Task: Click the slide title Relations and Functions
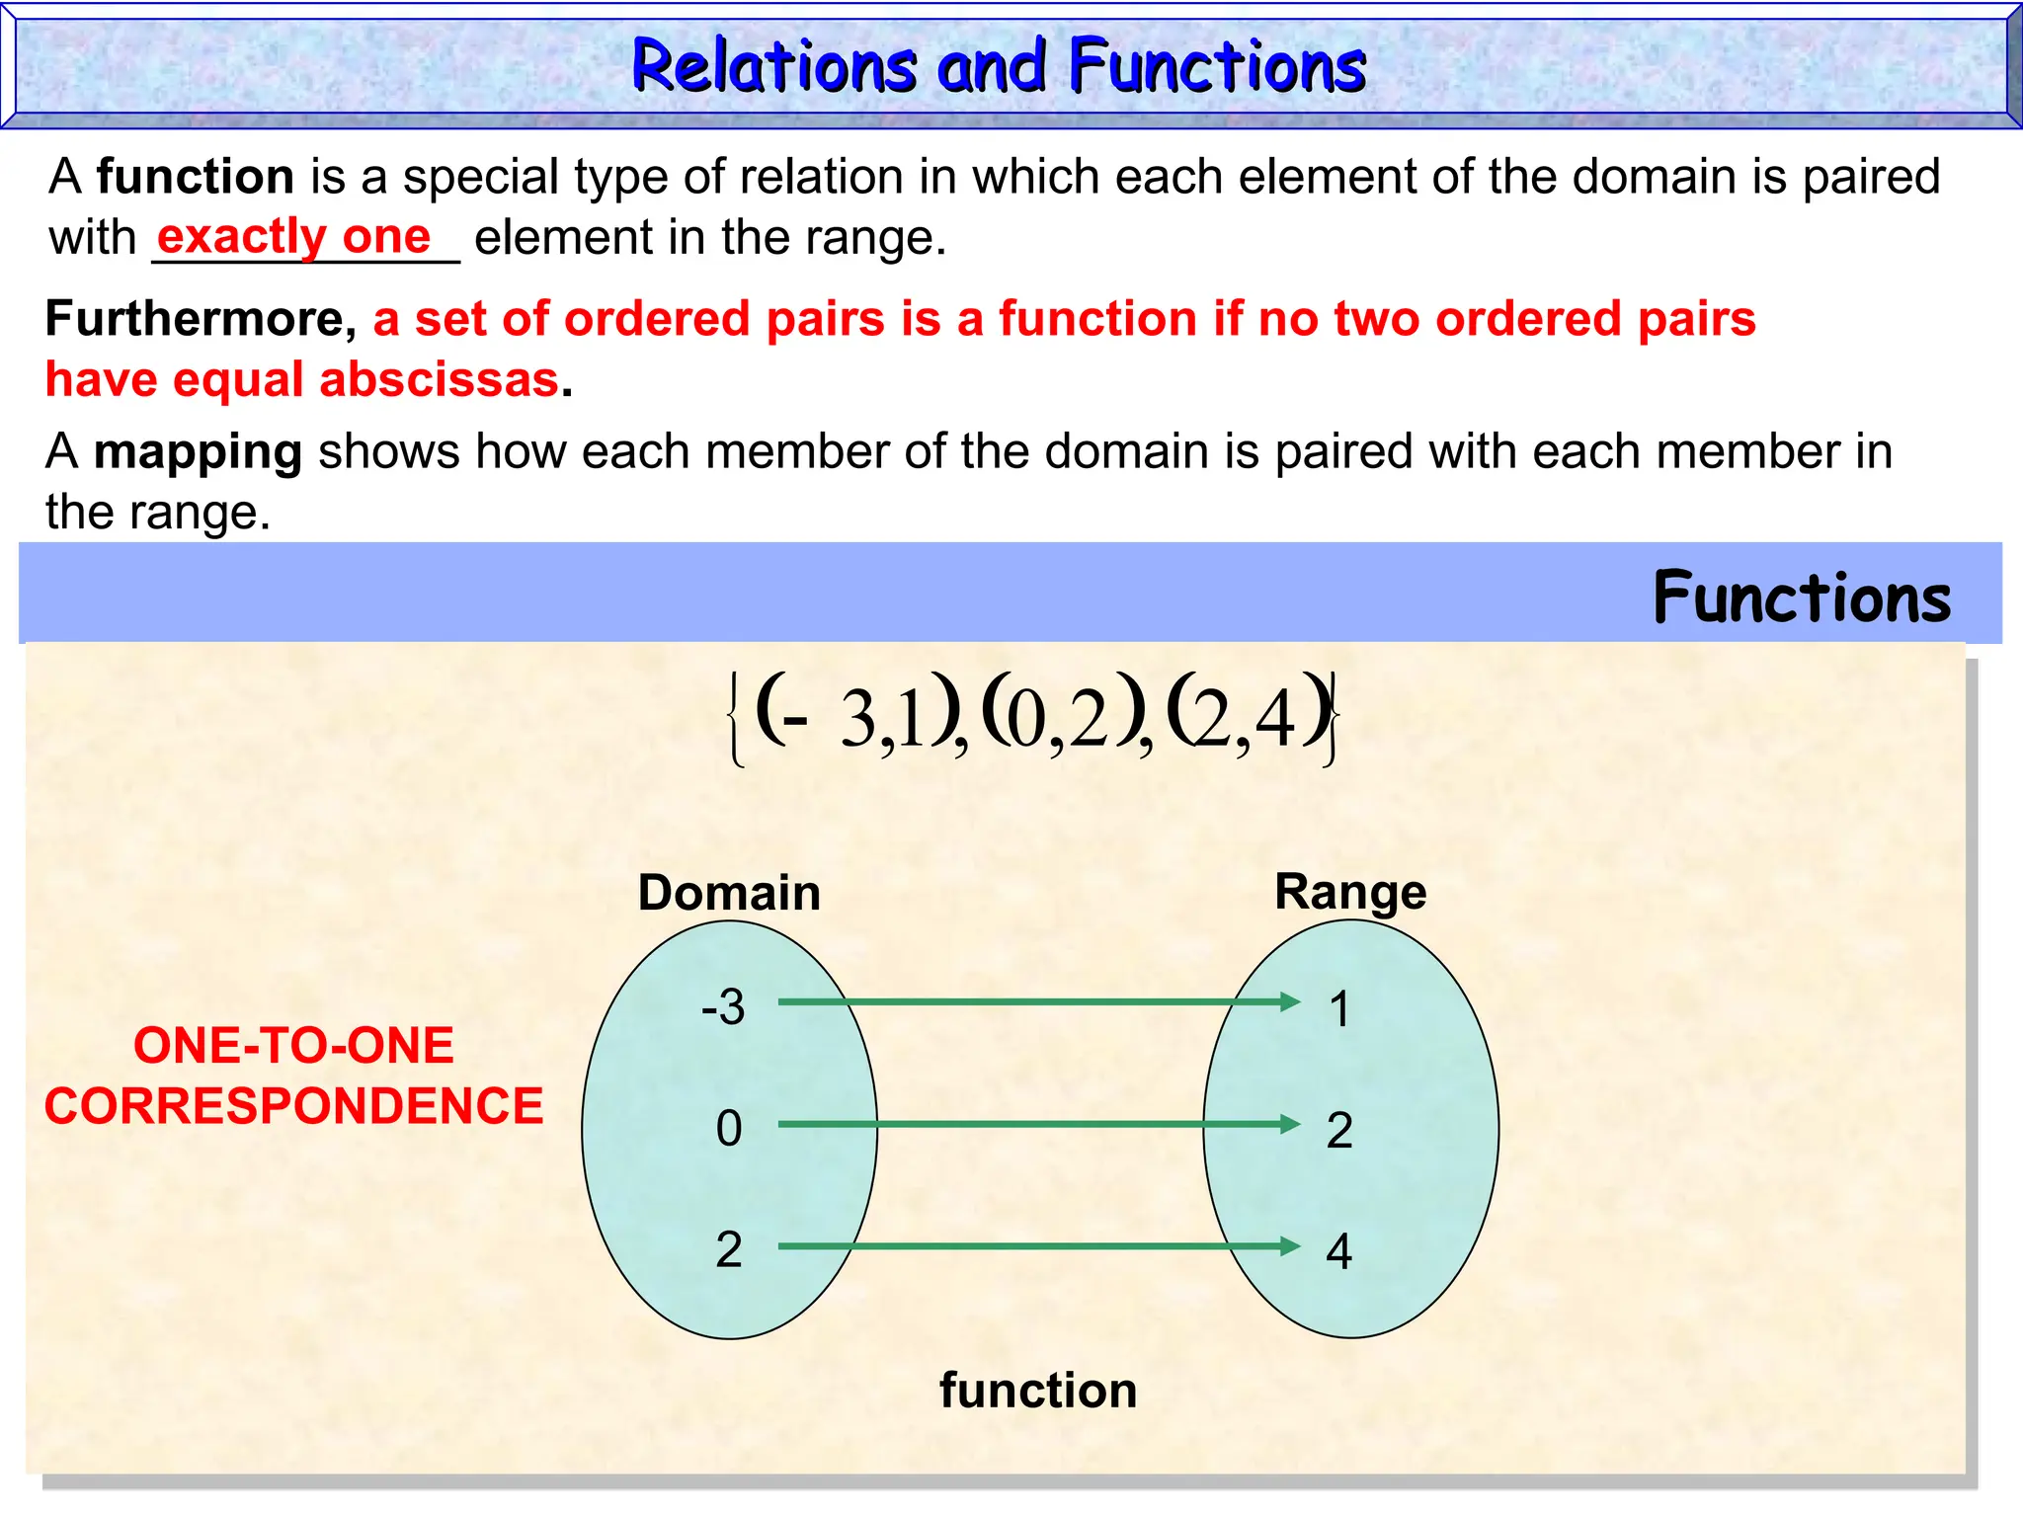point(998,66)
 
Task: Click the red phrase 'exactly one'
point(293,237)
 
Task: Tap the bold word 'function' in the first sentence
point(195,177)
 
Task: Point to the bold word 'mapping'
point(198,452)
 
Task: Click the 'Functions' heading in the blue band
point(1801,599)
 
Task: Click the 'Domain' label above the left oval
point(729,893)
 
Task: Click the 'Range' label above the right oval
point(1349,892)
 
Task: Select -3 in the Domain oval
point(723,1007)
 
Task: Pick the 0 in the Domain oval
point(729,1128)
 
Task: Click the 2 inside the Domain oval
point(729,1249)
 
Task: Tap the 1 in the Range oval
point(1339,1009)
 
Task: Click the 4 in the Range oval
point(1338,1251)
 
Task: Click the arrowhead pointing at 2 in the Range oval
point(1290,1124)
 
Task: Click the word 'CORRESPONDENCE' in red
point(293,1106)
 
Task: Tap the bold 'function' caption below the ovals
point(1037,1391)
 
